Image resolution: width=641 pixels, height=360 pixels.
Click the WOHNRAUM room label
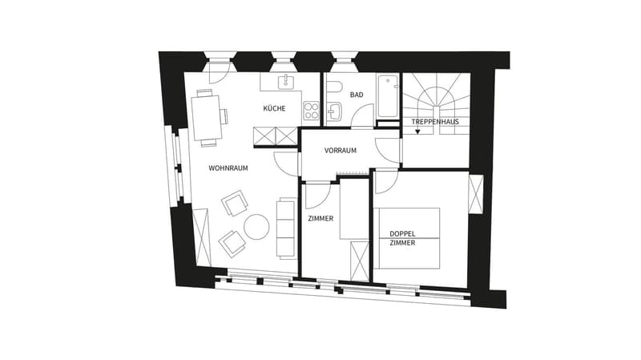coord(228,168)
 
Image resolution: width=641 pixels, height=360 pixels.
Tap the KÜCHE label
coord(274,108)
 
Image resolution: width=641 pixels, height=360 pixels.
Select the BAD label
coord(357,95)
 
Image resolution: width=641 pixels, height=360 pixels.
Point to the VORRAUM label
coord(340,151)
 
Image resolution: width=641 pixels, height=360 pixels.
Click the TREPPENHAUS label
coord(435,122)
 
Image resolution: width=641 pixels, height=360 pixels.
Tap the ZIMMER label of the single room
coord(320,219)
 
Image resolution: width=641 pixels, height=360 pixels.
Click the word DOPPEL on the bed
coord(402,234)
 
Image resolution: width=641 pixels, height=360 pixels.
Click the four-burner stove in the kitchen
coord(311,111)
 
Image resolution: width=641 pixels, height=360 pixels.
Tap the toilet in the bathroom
coord(334,87)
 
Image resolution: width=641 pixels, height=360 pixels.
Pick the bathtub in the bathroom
coord(388,96)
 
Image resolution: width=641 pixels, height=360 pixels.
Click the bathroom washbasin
coord(335,111)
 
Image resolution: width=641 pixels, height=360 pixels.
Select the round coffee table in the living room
coord(256,227)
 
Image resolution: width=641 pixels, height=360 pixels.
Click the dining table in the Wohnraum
coord(207,118)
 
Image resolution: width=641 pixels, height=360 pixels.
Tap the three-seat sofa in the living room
coord(286,229)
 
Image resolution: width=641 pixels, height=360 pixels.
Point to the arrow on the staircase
coord(417,131)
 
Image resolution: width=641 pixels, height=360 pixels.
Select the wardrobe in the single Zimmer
coord(360,261)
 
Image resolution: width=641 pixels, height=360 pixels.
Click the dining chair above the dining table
coord(204,92)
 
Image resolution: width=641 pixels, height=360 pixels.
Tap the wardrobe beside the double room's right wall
coord(476,194)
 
